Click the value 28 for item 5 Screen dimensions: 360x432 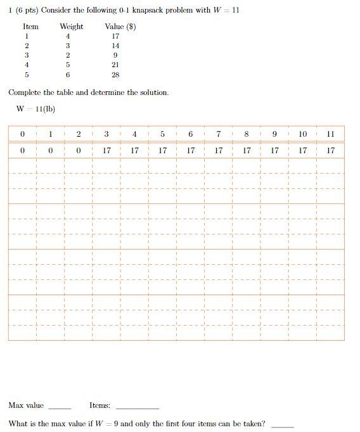115,74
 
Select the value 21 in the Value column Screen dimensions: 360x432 115,65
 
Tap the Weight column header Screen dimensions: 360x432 71,27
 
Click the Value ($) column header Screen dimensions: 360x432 120,27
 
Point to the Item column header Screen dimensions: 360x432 30,27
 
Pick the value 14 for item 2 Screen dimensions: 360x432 115,46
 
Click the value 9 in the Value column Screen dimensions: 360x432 115,55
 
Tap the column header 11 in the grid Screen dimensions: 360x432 330,134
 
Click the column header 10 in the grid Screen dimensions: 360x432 302,134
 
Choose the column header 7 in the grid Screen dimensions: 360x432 218,134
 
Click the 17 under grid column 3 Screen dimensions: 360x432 106,151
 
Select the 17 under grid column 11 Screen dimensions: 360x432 330,151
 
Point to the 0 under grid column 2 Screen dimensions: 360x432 78,151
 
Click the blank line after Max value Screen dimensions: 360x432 60,407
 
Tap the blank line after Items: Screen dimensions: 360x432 137,407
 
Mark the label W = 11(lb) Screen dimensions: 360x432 36,108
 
